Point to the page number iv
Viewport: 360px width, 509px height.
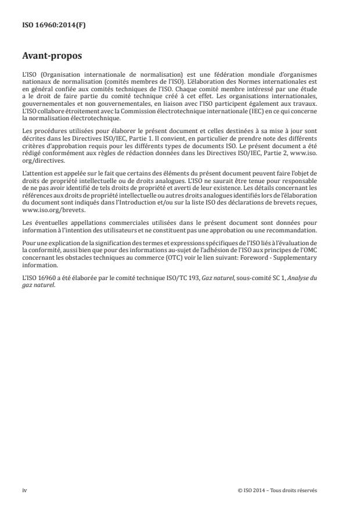click(24, 490)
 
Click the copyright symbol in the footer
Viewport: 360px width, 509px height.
click(240, 490)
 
